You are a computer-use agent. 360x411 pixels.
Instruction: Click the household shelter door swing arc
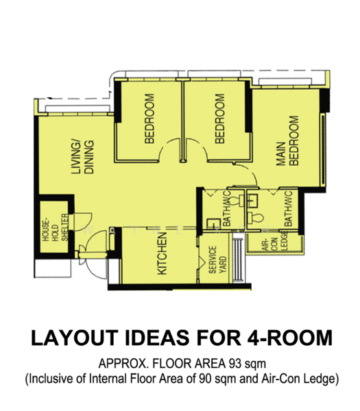click(x=85, y=221)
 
